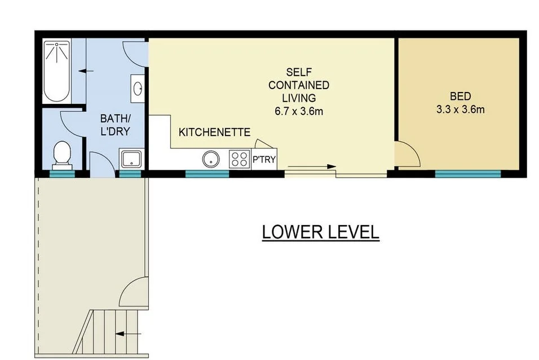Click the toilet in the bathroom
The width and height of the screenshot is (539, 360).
61,154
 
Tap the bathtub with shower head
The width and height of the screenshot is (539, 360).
57,70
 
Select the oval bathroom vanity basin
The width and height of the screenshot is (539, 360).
138,89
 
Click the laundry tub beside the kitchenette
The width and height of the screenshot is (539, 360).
130,159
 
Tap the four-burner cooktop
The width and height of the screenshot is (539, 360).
240,159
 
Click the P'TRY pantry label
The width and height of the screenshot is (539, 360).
264,160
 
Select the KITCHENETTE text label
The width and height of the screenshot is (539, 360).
214,133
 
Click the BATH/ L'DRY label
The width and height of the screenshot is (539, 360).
116,125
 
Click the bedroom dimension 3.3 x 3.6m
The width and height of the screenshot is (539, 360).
460,109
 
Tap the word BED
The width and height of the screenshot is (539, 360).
460,96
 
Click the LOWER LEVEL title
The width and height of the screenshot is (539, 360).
320,232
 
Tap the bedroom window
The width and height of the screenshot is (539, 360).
467,173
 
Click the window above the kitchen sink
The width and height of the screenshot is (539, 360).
207,173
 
